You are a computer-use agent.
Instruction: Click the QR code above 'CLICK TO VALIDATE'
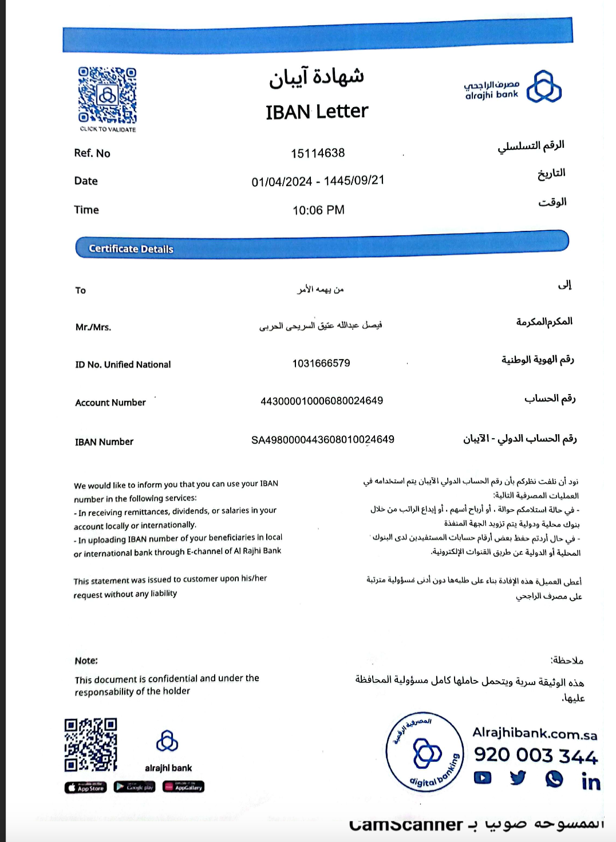[x=107, y=95]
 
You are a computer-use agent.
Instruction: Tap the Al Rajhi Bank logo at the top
[x=514, y=87]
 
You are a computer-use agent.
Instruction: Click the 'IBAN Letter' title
[x=317, y=111]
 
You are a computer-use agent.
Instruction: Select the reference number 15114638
[x=318, y=153]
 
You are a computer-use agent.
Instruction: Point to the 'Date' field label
[x=86, y=181]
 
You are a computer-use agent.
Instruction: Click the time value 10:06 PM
[x=318, y=210]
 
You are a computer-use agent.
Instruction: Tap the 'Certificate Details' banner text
[x=131, y=249]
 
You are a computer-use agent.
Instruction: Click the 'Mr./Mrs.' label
[x=93, y=327]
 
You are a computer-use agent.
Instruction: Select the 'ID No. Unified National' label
[x=123, y=364]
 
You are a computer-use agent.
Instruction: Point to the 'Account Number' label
[x=110, y=403]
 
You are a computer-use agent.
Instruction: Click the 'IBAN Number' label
[x=104, y=442]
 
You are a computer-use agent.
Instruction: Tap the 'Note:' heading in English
[x=86, y=660]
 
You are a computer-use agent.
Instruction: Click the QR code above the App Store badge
[x=90, y=745]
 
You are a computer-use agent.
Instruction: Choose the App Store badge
[x=85, y=788]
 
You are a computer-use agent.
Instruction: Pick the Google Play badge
[x=134, y=787]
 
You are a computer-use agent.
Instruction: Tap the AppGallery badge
[x=183, y=787]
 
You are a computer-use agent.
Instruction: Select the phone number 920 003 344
[x=535, y=756]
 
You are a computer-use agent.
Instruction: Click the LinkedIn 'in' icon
[x=591, y=781]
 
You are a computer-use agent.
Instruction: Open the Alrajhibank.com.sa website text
[x=535, y=733]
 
